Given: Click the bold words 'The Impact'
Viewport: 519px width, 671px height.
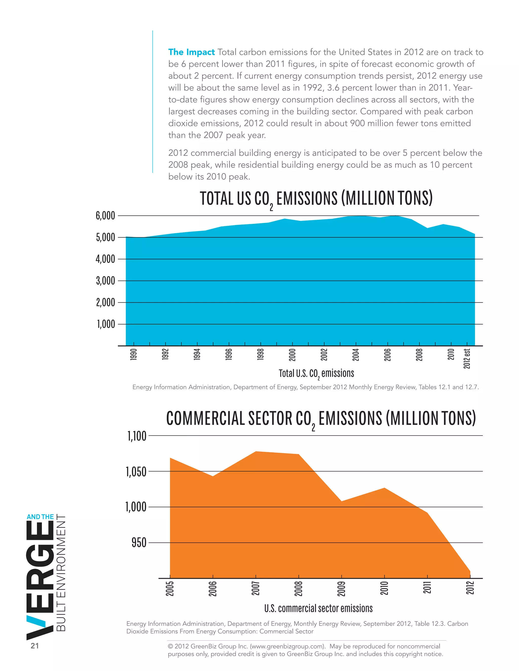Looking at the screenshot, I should pos(191,52).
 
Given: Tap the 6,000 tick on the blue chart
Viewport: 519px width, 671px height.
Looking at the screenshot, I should pos(105,216).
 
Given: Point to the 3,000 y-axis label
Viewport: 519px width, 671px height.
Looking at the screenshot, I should pos(105,281).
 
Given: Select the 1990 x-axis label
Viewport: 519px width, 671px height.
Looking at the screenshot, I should pos(134,354).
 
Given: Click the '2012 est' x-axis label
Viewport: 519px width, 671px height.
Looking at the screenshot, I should pos(467,358).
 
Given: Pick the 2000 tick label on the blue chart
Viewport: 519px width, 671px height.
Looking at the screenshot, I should pos(292,354).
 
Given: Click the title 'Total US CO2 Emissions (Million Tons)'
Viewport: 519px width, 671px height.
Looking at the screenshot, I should pos(316,199).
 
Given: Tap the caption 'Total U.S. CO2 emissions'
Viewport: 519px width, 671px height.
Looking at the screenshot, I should pos(316,373).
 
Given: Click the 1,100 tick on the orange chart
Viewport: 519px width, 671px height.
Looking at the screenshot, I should pos(137,436).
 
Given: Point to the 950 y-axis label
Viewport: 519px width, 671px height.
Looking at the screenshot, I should pos(139,543).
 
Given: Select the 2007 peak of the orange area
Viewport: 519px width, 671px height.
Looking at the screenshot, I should pos(256,452).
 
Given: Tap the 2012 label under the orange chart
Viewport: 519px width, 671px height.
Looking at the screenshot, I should pos(470,587).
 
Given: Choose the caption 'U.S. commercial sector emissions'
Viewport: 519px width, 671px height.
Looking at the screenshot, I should pos(318,608).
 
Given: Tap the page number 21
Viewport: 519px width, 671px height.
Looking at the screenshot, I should pos(35,646).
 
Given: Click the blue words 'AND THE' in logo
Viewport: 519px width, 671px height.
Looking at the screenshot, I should pos(40,517).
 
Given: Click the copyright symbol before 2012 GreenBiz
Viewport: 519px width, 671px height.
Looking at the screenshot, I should pos(170,646).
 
